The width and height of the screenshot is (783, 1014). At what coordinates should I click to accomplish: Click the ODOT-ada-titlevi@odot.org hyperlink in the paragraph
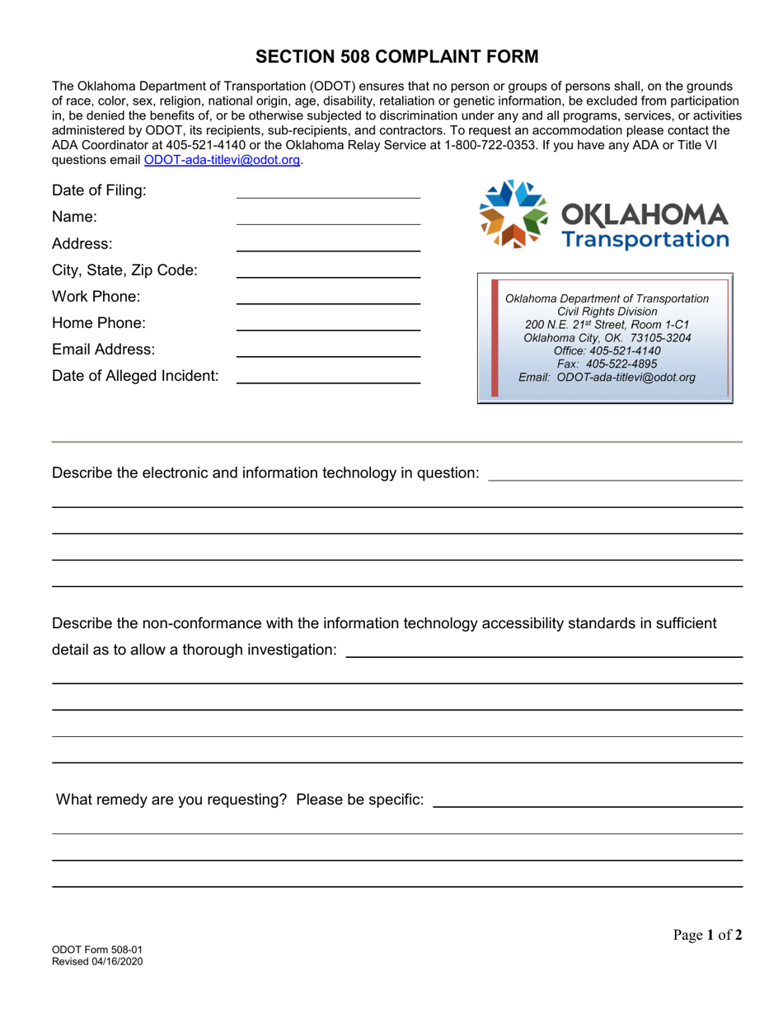[222, 161]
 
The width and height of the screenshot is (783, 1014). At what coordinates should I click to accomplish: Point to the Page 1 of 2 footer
[707, 935]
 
